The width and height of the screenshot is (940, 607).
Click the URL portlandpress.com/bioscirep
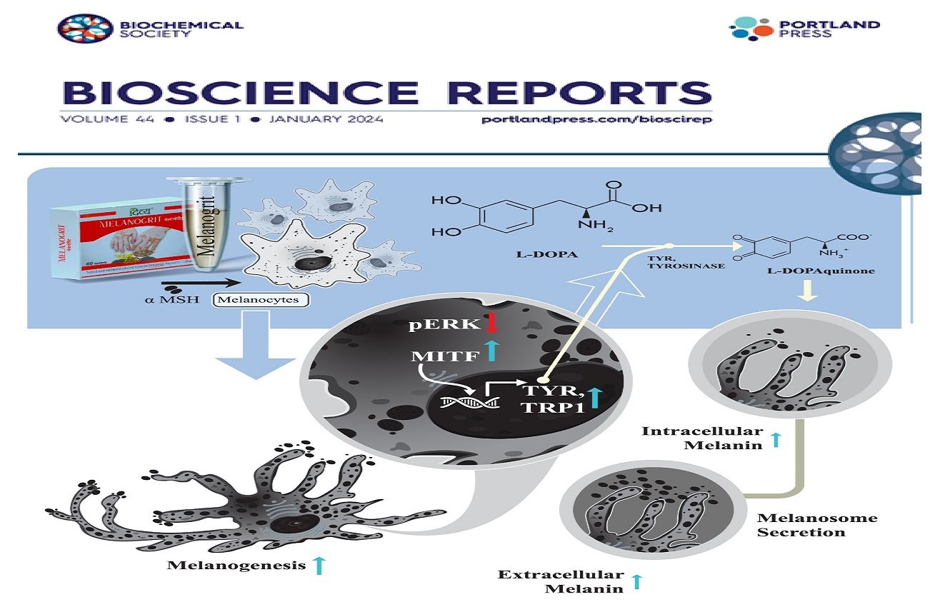[x=597, y=119]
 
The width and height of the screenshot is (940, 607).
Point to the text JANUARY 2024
[x=326, y=119]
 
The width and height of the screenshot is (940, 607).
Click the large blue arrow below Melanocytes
[x=256, y=343]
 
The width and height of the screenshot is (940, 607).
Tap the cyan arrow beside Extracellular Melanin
[x=637, y=581]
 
